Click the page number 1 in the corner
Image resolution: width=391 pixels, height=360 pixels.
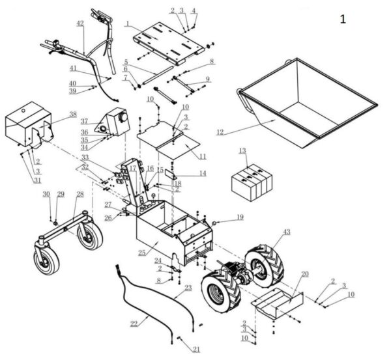click(343, 19)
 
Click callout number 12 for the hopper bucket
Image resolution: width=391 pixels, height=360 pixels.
click(220, 133)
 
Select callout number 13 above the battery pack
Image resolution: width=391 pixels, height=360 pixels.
click(242, 151)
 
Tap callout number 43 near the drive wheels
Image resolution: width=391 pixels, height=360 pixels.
click(286, 233)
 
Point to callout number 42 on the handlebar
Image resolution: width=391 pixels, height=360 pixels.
click(80, 23)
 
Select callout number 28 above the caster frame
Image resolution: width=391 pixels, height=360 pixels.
click(80, 195)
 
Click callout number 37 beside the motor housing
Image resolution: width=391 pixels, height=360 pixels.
click(84, 121)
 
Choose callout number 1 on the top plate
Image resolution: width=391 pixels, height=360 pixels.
click(129, 24)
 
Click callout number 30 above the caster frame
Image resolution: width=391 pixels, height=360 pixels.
click(46, 194)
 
